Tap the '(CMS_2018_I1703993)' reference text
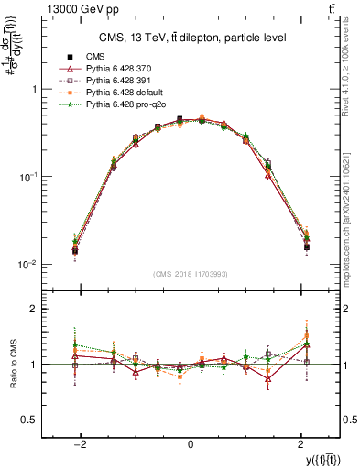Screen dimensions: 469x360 [191, 274]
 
